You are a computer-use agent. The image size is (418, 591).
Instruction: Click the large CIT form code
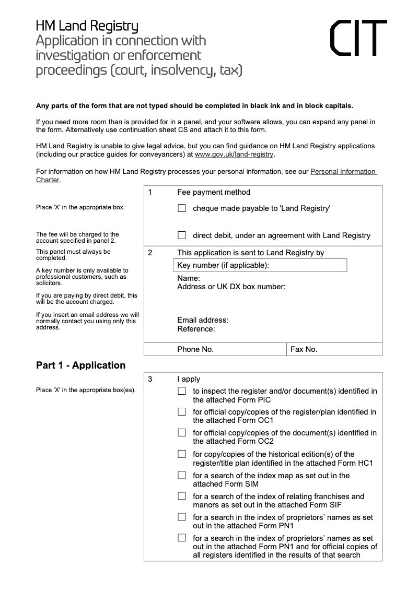point(359,38)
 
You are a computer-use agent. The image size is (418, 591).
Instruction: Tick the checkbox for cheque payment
point(182,208)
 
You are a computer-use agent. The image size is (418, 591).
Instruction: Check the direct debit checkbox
point(182,235)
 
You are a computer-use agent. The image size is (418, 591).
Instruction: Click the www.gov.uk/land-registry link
point(234,155)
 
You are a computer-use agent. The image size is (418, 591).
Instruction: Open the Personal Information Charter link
point(343,171)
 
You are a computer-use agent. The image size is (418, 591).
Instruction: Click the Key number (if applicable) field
point(260,266)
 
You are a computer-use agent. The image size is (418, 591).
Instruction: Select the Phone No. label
point(195,349)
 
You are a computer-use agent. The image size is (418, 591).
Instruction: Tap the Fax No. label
point(304,349)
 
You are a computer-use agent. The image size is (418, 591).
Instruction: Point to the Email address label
point(203,320)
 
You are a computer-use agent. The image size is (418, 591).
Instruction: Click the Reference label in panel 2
point(196,329)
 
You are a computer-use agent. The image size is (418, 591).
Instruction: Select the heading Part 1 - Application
point(80,365)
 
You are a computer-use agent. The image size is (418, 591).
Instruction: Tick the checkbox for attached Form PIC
point(182,391)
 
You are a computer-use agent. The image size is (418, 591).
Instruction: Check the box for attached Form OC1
point(182,412)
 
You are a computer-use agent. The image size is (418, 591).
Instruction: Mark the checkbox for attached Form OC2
point(182,433)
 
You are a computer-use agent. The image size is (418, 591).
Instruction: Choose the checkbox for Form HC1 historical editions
point(182,454)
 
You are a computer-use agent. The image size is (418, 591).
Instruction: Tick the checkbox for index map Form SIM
point(182,476)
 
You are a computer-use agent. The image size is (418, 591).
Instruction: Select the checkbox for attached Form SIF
point(182,497)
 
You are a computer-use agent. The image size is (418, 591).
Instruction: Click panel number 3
point(150,380)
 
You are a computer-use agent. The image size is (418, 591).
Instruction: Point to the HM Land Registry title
point(87,26)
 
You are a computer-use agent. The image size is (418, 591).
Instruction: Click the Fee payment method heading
point(214,192)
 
